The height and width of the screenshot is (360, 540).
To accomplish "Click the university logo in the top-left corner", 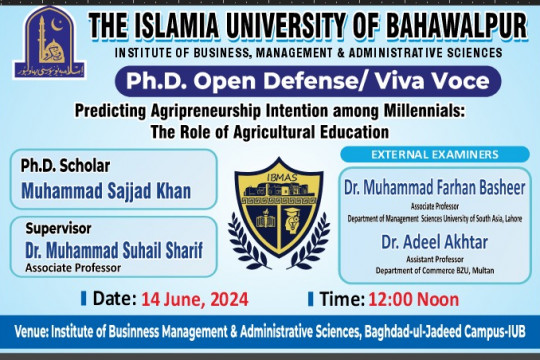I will [42, 41].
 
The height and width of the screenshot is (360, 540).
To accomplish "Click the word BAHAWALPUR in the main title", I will [455, 26].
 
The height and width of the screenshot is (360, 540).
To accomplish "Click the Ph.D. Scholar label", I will [66, 166].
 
